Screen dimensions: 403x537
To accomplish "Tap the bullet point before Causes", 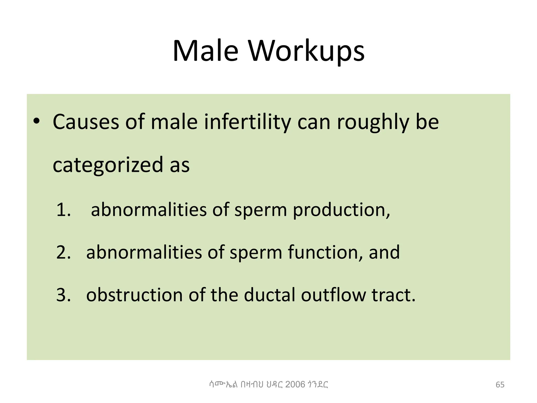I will tap(36, 121).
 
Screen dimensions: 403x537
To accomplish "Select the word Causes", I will tap(86, 122).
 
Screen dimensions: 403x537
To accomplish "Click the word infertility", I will tap(248, 122).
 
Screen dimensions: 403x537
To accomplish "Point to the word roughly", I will tap(373, 123).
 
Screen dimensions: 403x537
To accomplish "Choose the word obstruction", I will tap(134, 295).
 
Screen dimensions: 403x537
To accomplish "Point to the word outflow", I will tap(333, 295).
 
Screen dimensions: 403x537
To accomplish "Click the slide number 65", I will tap(500, 385).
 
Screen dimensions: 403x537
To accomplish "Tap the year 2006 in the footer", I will tap(295, 384).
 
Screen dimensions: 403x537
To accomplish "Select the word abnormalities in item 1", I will tap(149, 210).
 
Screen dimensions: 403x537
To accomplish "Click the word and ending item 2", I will tap(384, 252).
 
